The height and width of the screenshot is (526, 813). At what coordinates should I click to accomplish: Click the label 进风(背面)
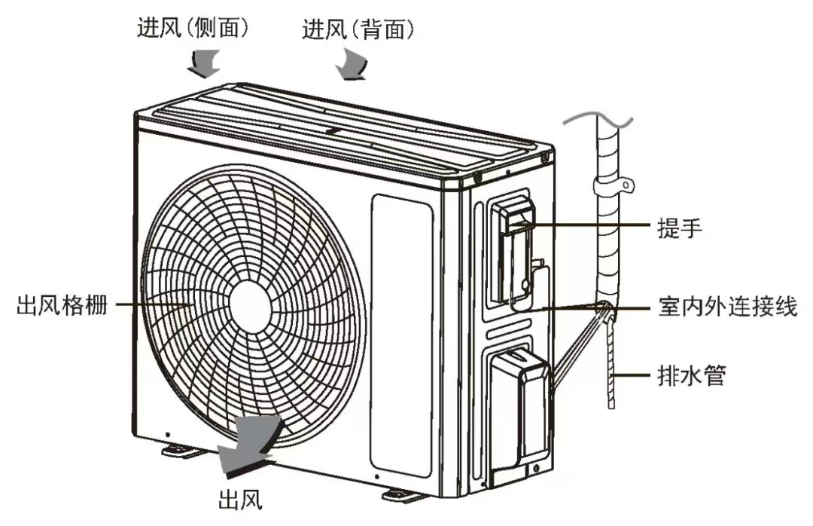358,29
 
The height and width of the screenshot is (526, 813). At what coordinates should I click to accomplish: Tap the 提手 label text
679,226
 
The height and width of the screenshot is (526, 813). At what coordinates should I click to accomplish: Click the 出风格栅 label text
62,306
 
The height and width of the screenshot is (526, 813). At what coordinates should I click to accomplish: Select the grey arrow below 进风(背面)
352,65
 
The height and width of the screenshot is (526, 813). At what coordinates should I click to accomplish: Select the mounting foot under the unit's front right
403,495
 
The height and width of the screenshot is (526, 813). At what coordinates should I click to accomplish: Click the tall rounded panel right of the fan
401,332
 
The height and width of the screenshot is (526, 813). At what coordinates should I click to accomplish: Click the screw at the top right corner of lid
544,157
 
